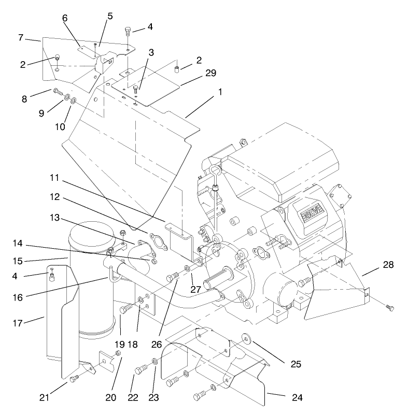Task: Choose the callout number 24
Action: tap(297, 398)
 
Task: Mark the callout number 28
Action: tap(388, 265)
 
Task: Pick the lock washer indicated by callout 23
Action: tap(155, 361)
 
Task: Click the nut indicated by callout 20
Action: tap(118, 353)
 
